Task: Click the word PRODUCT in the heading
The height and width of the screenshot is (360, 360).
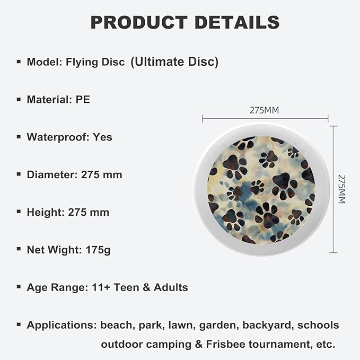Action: pos(138,22)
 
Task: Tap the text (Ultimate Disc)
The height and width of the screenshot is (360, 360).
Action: pos(174,62)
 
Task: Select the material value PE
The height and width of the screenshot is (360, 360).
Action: pos(83,99)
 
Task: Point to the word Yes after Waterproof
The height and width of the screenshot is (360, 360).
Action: pos(103,137)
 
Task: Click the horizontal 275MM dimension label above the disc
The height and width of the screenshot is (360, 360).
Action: pos(264,110)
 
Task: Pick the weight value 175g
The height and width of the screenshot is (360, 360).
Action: pos(98,250)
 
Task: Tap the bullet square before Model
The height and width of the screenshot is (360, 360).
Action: pos(19,62)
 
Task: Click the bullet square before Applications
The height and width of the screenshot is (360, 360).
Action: pos(19,324)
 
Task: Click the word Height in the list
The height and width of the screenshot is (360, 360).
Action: pos(46,212)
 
